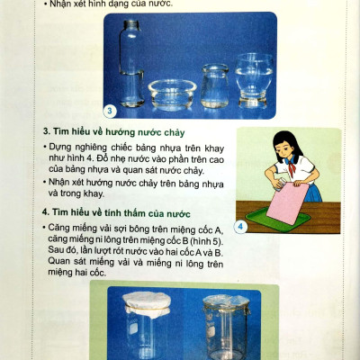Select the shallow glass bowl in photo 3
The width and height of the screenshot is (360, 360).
170,92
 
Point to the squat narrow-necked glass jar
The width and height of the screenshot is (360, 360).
214,85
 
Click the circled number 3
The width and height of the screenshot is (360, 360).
109,112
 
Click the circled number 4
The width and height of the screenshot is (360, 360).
241,226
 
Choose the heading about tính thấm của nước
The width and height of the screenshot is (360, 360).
116,211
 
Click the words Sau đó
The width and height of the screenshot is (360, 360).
63,253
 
